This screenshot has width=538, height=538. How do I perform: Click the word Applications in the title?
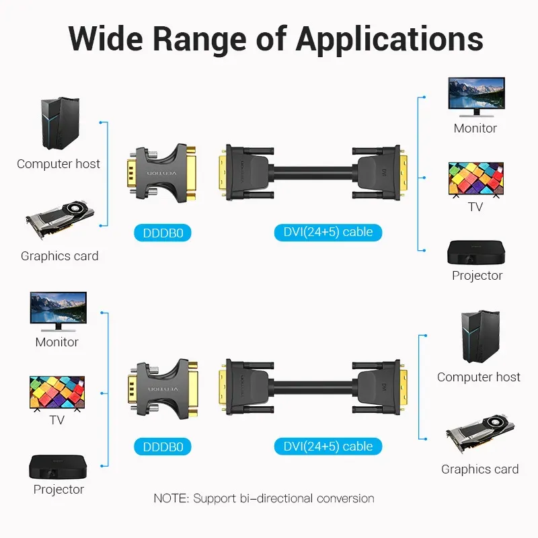[390, 39]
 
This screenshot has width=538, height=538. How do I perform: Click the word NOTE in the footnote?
[171, 498]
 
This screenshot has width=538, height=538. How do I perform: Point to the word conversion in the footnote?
[339, 498]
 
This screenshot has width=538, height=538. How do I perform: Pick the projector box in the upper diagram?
[475, 252]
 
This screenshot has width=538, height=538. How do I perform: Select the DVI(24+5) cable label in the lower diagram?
[328, 446]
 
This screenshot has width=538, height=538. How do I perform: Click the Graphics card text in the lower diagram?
[479, 469]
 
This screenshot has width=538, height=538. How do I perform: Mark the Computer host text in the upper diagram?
[59, 163]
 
